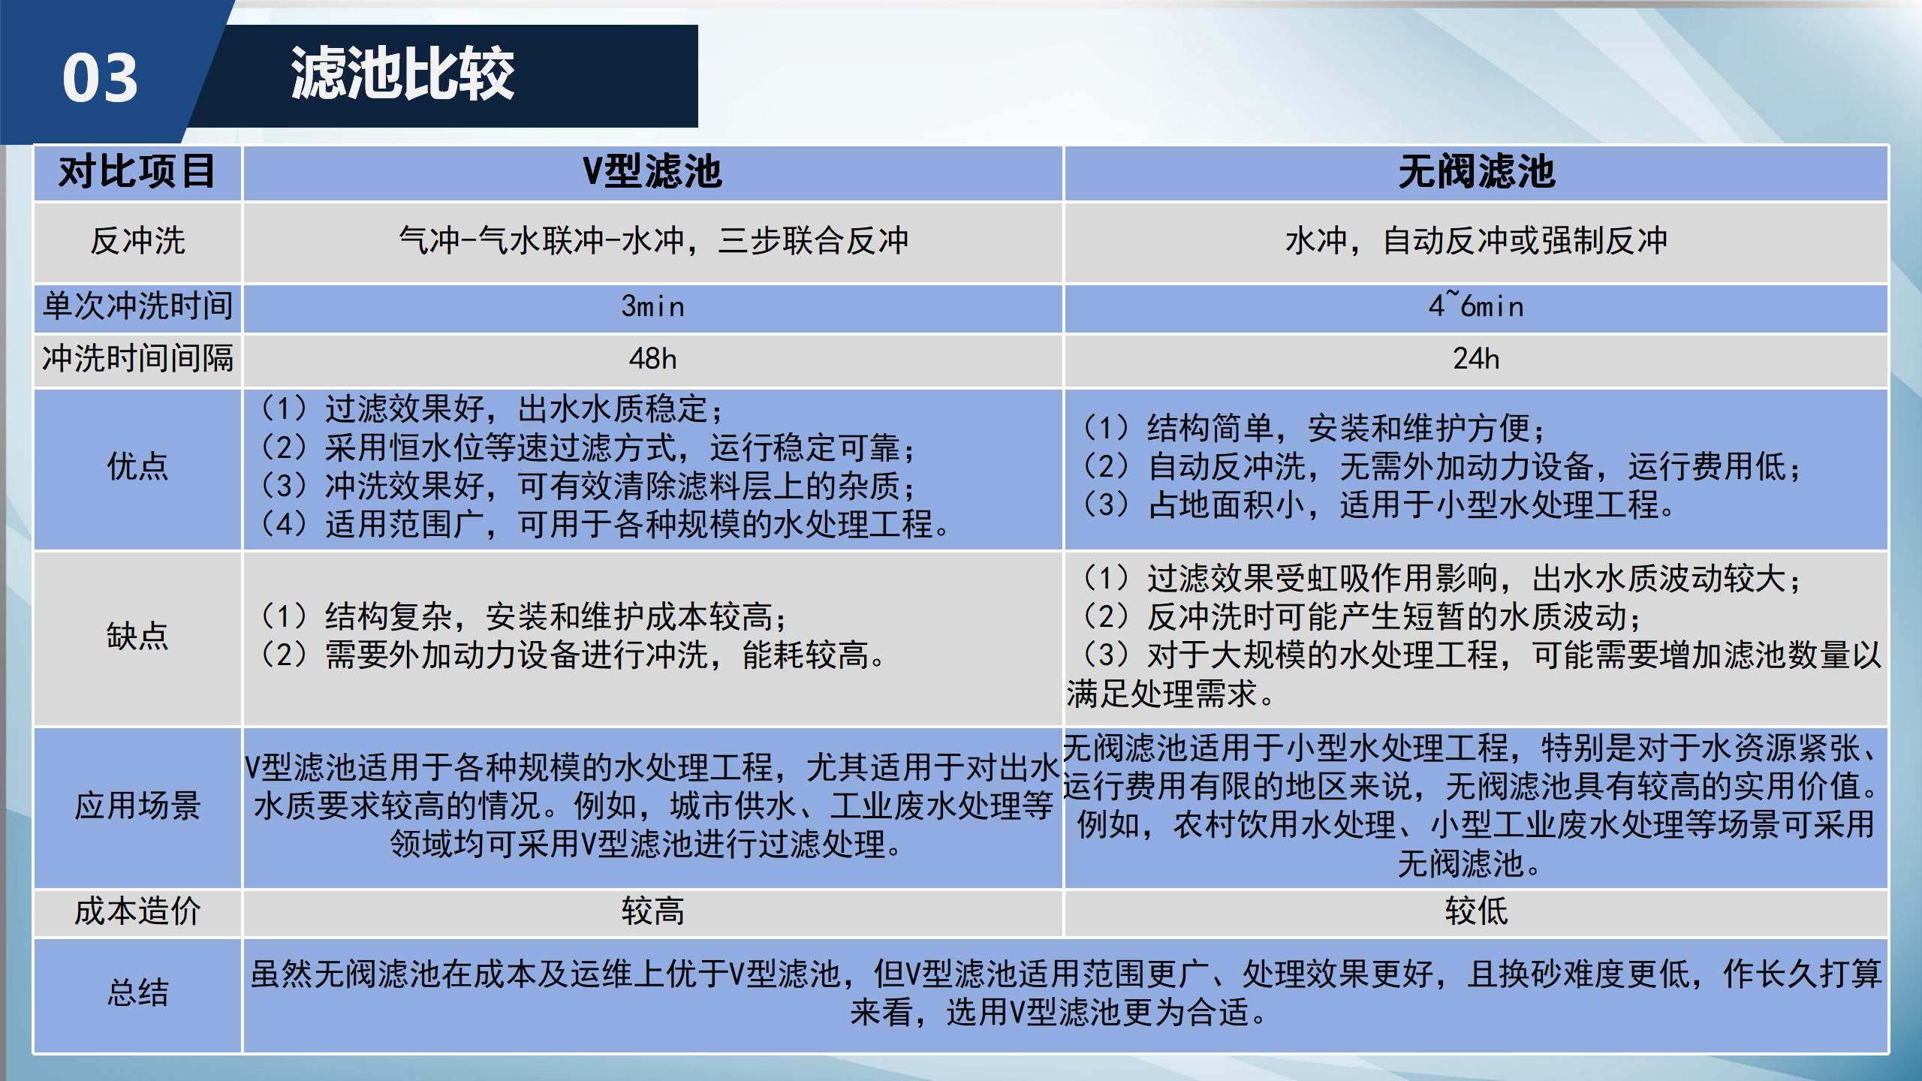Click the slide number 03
(100, 78)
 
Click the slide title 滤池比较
(402, 74)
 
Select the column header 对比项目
(137, 172)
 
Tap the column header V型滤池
(652, 172)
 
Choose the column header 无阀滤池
(1476, 172)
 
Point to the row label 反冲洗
(137, 241)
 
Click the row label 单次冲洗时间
(137, 306)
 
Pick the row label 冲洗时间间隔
(137, 358)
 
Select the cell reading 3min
(652, 306)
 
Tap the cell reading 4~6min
(1476, 306)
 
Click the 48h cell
(652, 359)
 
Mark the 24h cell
(1476, 359)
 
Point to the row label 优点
(137, 466)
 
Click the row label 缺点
(137, 636)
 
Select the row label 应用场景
(137, 805)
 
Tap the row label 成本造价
(137, 911)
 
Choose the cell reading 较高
(652, 911)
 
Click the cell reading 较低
(1476, 911)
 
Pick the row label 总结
(137, 992)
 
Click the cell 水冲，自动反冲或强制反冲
(1476, 241)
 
